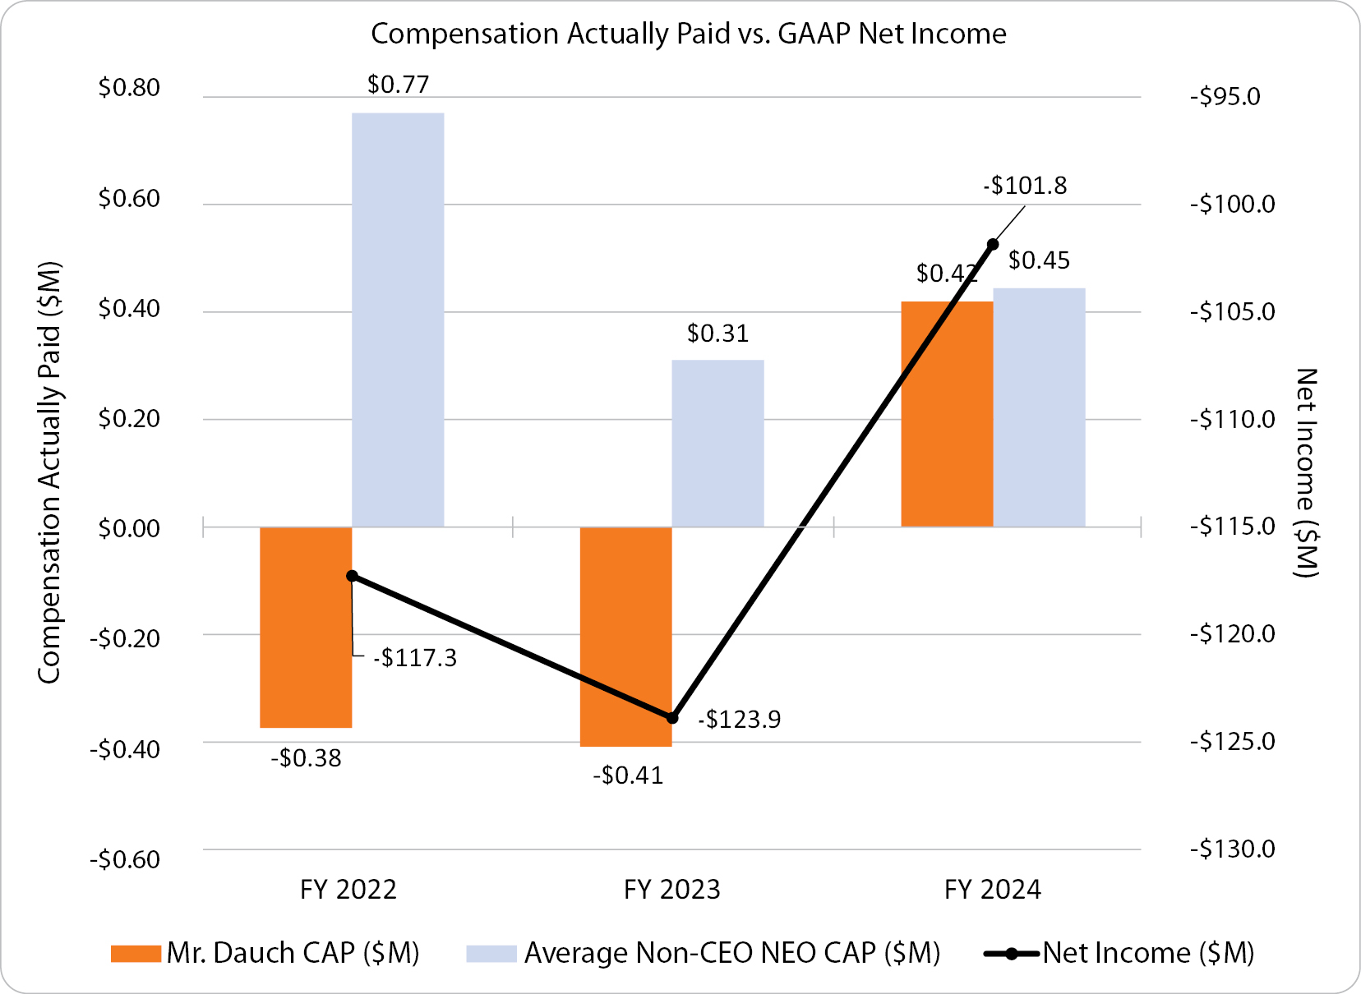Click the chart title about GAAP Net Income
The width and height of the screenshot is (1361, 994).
point(688,34)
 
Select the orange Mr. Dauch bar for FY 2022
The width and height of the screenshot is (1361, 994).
point(306,627)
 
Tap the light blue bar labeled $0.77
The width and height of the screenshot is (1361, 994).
point(398,320)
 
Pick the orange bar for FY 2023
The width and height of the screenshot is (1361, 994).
point(625,637)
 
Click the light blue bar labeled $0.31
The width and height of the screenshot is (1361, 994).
point(717,444)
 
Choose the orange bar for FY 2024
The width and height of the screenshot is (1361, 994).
point(947,414)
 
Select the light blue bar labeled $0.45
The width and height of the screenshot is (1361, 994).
point(1039,407)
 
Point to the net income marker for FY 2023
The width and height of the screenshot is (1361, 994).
point(672,718)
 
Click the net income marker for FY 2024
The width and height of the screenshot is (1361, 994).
point(993,244)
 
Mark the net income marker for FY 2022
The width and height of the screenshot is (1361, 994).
point(352,576)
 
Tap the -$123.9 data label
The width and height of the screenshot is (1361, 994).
point(739,720)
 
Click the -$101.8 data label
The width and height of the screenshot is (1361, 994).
point(1025,186)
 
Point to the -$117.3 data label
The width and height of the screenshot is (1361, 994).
point(414,658)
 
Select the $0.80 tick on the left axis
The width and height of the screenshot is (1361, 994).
point(129,88)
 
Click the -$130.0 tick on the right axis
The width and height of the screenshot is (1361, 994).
point(1232,849)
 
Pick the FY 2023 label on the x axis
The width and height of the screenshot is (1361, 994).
point(671,890)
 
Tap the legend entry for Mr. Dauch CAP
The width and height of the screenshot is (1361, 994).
point(265,953)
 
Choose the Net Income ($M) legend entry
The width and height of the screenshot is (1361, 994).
point(1119,953)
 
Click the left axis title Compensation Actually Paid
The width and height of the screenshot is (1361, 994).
point(49,472)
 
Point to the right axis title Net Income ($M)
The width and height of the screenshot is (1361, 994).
point(1306,472)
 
